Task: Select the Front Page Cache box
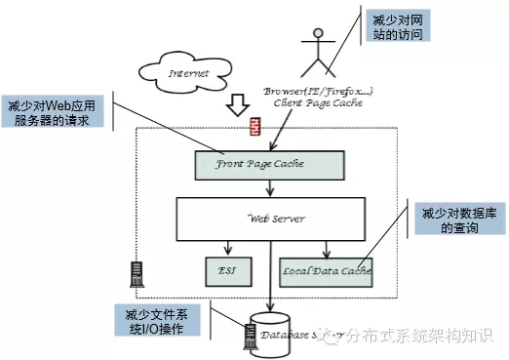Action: (x=269, y=165)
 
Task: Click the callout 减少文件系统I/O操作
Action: (x=158, y=321)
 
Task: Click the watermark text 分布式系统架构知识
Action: (x=425, y=337)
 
